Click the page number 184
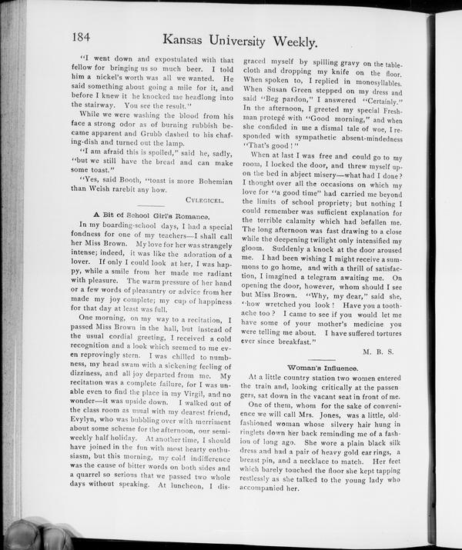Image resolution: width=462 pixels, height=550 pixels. [x=82, y=36]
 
